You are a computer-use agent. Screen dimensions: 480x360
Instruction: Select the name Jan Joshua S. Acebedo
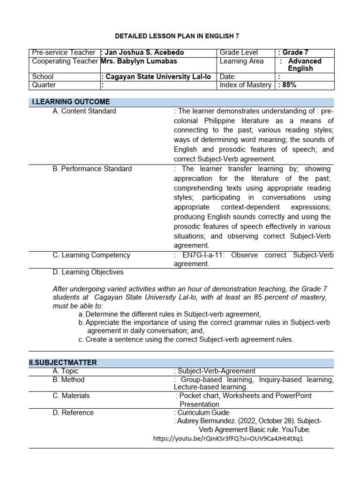pyautogui.click(x=143, y=52)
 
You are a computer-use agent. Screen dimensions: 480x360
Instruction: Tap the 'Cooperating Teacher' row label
pyautogui.click(x=65, y=61)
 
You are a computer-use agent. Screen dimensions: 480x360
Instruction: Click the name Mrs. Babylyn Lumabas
pyautogui.click(x=139, y=61)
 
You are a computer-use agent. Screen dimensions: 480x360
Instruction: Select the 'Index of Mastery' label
pyautogui.click(x=245, y=85)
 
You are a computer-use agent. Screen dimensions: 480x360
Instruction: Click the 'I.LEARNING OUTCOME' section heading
pyautogui.click(x=71, y=102)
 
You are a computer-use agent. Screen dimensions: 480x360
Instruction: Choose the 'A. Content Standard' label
pyautogui.click(x=84, y=111)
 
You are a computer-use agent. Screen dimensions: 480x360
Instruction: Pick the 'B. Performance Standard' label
pyautogui.click(x=92, y=169)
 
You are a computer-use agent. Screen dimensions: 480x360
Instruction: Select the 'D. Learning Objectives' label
pyautogui.click(x=88, y=272)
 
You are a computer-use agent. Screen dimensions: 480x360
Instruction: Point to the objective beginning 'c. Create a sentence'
pyautogui.click(x=186, y=339)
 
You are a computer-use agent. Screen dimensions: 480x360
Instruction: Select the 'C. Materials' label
pyautogui.click(x=71, y=396)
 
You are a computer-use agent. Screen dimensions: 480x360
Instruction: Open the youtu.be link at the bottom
pyautogui.click(x=228, y=439)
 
